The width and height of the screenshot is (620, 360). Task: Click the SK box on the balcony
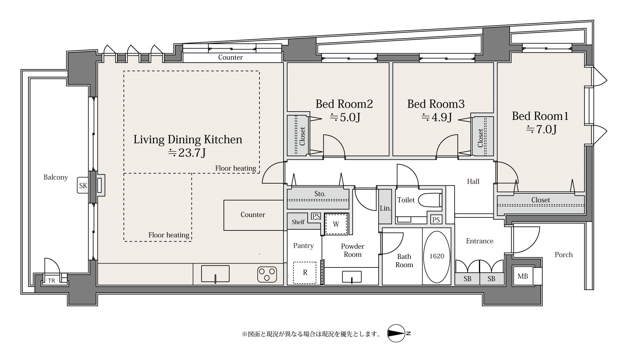coord(83,186)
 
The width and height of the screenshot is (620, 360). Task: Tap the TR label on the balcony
coord(51,281)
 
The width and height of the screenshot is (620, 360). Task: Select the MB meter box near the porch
coord(522,276)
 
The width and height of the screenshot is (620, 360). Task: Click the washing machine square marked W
coord(336,224)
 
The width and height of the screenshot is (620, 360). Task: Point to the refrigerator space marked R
coord(305,273)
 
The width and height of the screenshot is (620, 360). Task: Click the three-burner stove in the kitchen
coord(267,274)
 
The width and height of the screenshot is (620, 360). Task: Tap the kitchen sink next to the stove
coord(215,274)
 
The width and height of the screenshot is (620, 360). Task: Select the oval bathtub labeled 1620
coord(436,256)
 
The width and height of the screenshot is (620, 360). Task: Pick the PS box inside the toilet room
coord(436,220)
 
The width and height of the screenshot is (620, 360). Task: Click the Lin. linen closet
coord(385,207)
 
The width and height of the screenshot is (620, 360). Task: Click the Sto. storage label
coord(320,194)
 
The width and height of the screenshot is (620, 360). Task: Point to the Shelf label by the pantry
coord(298,222)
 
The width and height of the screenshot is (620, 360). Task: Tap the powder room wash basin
coord(352,277)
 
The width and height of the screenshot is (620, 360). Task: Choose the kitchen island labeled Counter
coord(253,215)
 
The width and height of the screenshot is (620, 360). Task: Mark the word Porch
coord(564,255)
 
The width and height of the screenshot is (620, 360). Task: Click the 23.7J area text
coord(187,153)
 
